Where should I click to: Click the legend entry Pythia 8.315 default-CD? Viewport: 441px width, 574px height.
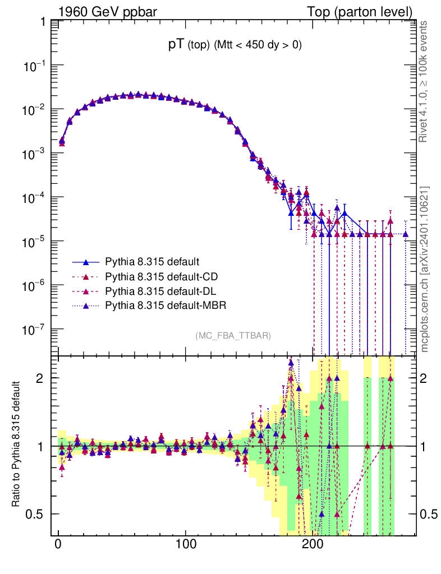(162, 276)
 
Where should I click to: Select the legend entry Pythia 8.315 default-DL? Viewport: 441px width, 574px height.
(161, 291)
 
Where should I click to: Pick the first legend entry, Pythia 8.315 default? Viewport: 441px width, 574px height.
(152, 262)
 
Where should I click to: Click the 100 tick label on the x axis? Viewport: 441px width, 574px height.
(185, 544)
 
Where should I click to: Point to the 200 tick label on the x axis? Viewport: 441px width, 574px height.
(312, 544)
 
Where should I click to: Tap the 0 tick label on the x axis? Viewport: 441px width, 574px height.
(58, 544)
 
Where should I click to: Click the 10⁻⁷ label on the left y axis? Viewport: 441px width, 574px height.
(35, 329)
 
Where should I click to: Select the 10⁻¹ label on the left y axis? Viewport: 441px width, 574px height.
(35, 66)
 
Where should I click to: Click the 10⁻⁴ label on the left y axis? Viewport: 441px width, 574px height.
(35, 197)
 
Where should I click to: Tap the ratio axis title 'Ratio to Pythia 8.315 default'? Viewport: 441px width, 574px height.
(18, 445)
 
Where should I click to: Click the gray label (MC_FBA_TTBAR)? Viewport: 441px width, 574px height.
(233, 336)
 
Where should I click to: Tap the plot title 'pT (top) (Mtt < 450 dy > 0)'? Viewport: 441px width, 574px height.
(235, 46)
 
